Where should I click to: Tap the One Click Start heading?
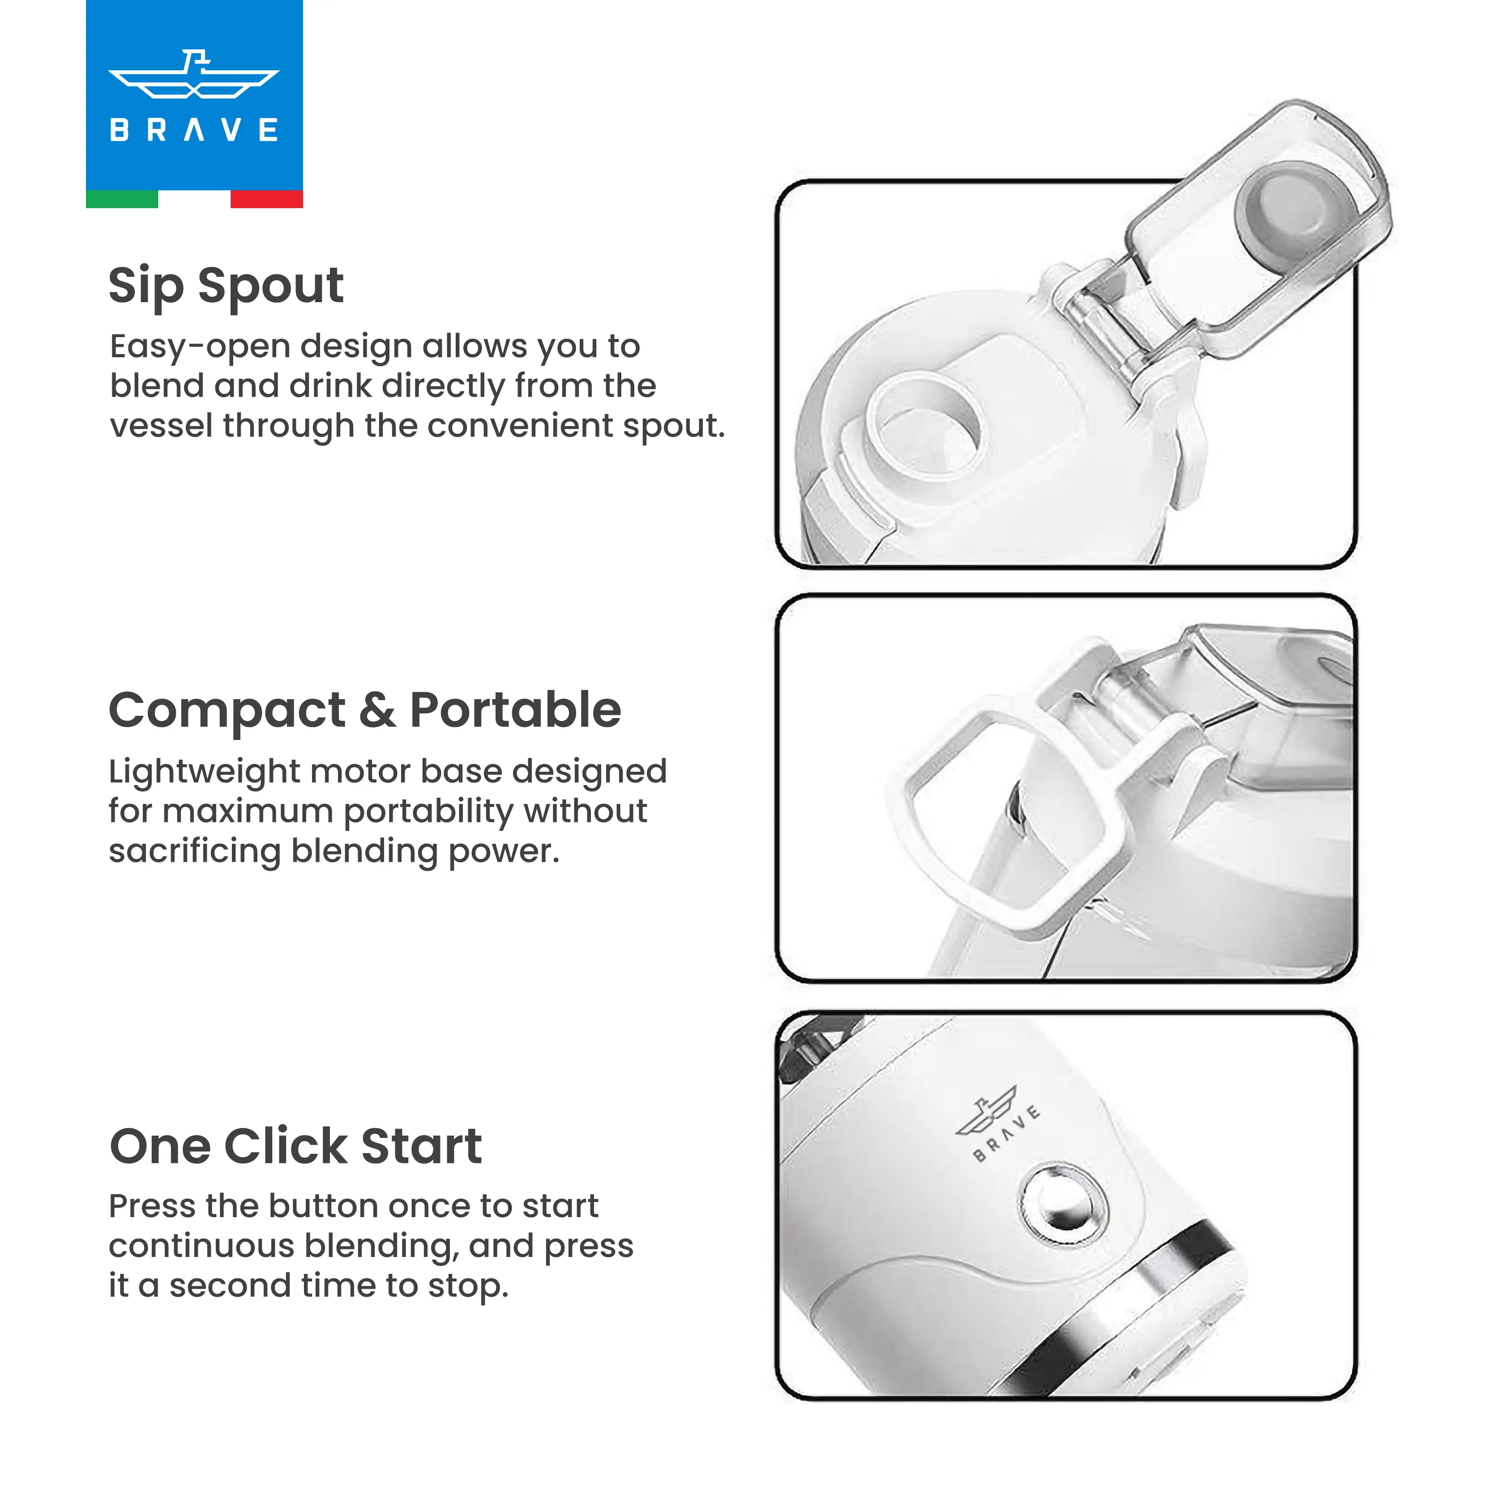click(296, 1146)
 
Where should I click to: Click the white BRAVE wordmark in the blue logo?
click(194, 130)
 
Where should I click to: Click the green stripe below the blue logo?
click(122, 199)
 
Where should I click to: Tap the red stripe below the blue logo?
click(266, 199)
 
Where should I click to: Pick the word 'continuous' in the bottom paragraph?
click(201, 1246)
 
